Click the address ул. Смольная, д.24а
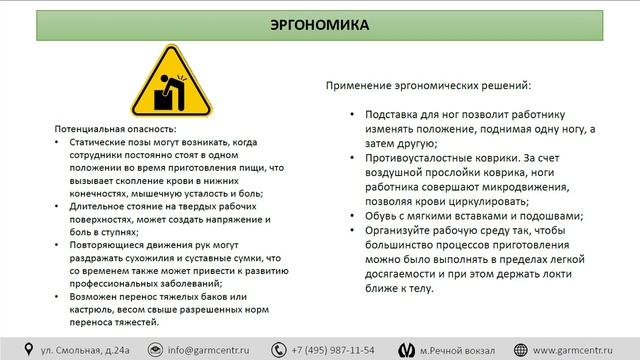tap(86, 349)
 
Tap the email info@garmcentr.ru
tap(208, 349)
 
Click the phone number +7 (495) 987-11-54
tap(334, 349)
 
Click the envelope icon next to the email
tap(155, 349)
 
